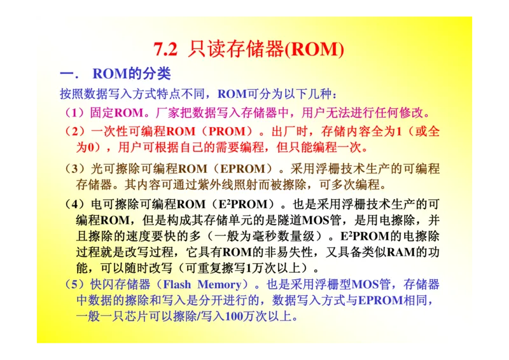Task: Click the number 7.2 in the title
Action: tap(166, 50)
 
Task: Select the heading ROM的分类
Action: tap(132, 74)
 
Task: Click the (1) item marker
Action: tap(75, 114)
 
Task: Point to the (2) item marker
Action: tap(75, 132)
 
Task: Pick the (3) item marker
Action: tap(75, 169)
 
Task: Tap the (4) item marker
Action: tap(75, 205)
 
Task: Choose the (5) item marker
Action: tap(75, 284)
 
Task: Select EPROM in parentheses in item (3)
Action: tap(242, 169)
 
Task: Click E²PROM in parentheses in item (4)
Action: tap(241, 205)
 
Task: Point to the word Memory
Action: tap(220, 284)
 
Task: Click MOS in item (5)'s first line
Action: tap(365, 284)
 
